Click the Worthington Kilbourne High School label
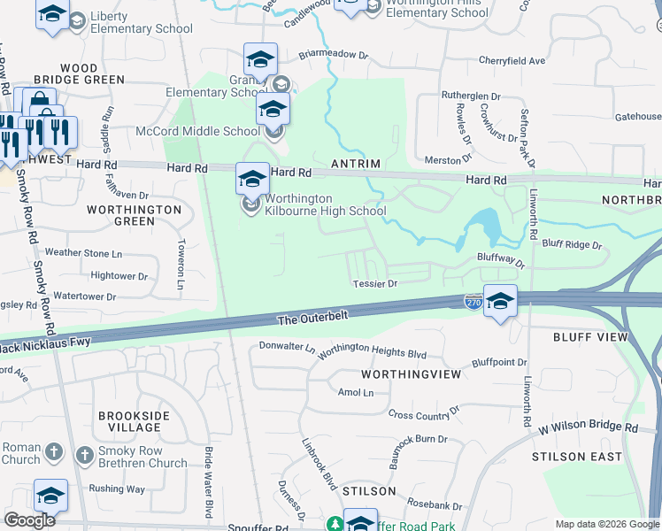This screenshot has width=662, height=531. [326, 204]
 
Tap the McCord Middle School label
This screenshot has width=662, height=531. [197, 132]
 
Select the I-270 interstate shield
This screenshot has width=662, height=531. [473, 303]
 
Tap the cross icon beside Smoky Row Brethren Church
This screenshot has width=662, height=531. [84, 455]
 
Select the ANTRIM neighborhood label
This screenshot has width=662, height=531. [355, 165]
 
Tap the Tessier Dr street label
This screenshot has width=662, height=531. [376, 283]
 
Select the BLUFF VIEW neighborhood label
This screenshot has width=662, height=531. [590, 338]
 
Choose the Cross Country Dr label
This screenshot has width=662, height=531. [424, 414]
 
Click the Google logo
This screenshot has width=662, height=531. [29, 519]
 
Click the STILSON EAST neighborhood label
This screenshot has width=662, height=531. [572, 457]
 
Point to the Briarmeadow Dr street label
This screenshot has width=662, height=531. [333, 54]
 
